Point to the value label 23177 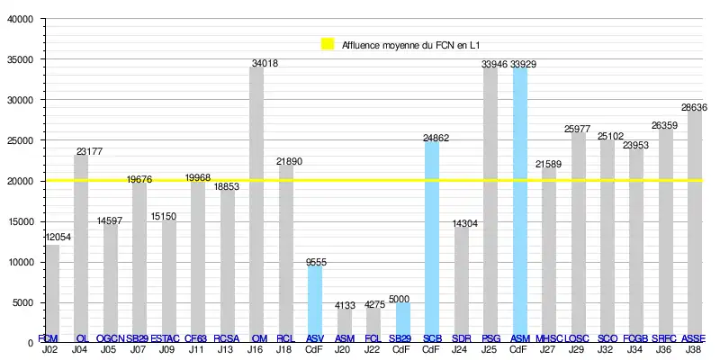(x=89, y=151)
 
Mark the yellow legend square (x=327, y=44)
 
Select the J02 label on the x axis (x=51, y=348)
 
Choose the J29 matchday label (x=577, y=348)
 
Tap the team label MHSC (x=548, y=338)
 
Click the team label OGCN (x=109, y=338)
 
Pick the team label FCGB (x=635, y=338)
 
